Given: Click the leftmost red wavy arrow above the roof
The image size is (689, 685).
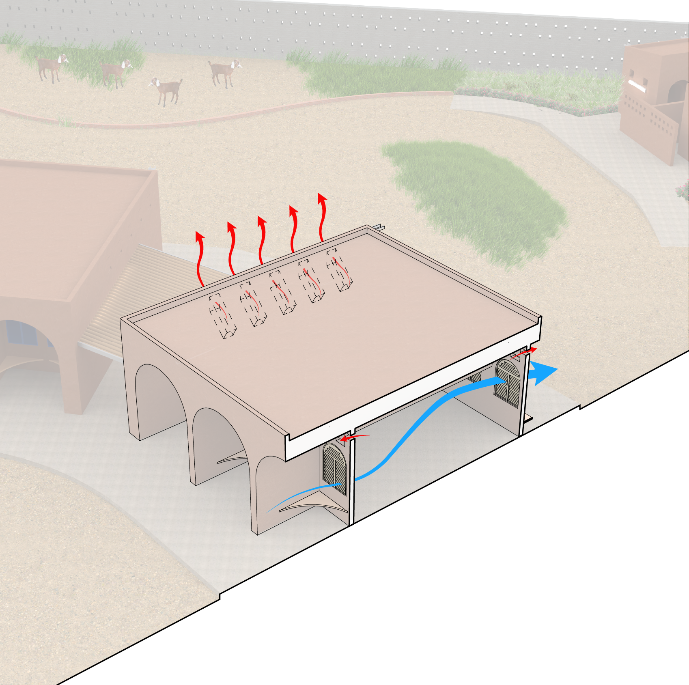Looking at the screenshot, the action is pyautogui.click(x=200, y=260).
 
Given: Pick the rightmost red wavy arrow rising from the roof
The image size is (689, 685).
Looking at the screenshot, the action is pyautogui.click(x=322, y=217).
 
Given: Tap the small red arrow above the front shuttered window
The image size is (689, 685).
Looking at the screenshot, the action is pyautogui.click(x=353, y=437).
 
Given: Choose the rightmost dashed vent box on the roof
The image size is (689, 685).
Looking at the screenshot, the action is pyautogui.click(x=339, y=270).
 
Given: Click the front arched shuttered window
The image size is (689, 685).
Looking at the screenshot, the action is pyautogui.click(x=334, y=469).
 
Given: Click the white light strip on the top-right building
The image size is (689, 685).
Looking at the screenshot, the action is pyautogui.click(x=637, y=86).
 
